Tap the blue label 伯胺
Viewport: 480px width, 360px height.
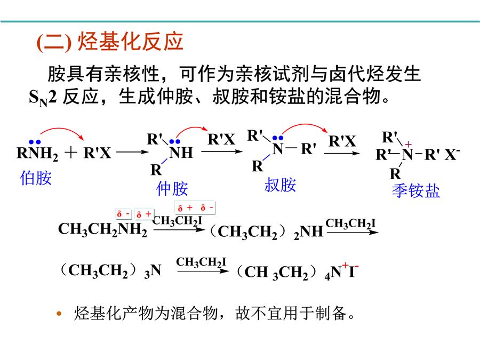click(36, 178)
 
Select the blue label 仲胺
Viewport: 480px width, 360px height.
click(172, 188)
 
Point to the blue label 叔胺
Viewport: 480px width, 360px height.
click(280, 185)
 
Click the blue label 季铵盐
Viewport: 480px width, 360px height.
click(415, 191)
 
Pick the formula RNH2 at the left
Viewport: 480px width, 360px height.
click(37, 153)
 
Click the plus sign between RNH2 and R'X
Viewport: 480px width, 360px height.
click(71, 152)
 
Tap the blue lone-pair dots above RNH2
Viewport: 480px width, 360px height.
click(35, 142)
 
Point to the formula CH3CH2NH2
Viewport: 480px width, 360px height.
click(102, 229)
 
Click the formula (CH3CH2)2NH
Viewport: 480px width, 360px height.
click(266, 232)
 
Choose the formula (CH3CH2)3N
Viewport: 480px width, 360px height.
click(110, 270)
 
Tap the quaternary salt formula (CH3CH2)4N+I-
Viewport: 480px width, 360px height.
click(298, 271)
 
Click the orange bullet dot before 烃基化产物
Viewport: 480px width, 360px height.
click(59, 314)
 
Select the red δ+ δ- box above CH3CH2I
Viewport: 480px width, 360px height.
click(195, 207)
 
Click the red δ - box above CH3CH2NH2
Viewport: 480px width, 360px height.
click(124, 214)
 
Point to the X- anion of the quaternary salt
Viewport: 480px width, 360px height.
click(452, 154)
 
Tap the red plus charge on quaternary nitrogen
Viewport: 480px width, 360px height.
click(408, 144)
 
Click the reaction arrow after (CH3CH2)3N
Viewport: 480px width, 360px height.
click(203, 271)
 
